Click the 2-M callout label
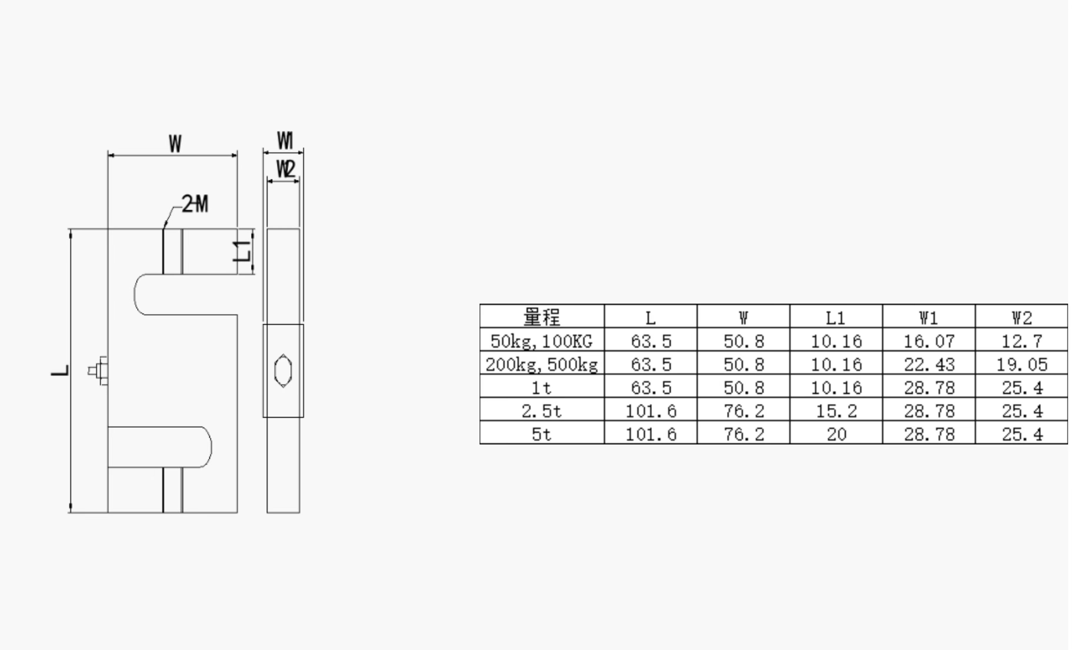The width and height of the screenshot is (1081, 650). (x=195, y=204)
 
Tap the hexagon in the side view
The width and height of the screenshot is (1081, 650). (x=283, y=370)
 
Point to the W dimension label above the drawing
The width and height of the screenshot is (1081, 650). (x=175, y=144)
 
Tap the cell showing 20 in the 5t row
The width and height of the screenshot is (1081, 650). (x=836, y=434)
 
